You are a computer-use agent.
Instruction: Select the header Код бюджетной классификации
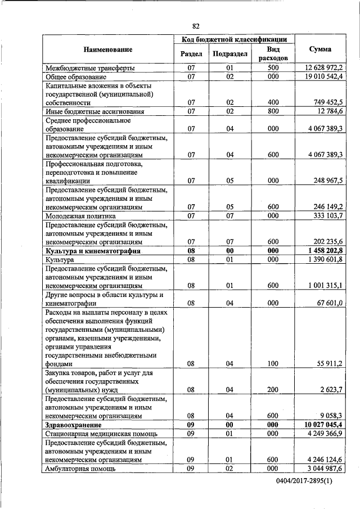(x=234, y=39)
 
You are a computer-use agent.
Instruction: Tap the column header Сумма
(x=320, y=49)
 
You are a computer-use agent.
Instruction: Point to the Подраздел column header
(x=229, y=54)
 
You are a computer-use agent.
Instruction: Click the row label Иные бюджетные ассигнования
(x=87, y=112)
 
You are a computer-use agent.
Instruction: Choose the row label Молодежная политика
(x=80, y=215)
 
